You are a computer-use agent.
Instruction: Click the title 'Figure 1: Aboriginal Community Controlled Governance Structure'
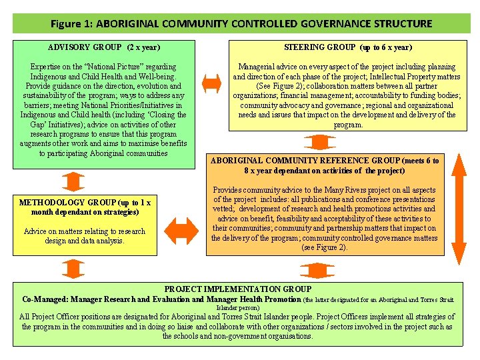coord(241,23)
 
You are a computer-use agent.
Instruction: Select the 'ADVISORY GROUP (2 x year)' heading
coord(104,47)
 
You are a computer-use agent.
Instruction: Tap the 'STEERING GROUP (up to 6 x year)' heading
coord(347,47)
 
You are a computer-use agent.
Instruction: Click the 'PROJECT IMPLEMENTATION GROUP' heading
coord(237,289)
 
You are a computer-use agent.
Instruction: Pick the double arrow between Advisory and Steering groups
coord(211,83)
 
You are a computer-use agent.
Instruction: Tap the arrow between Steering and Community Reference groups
coord(314,142)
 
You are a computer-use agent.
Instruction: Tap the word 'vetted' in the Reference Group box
coord(224,209)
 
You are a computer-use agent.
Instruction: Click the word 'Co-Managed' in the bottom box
coord(45,299)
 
